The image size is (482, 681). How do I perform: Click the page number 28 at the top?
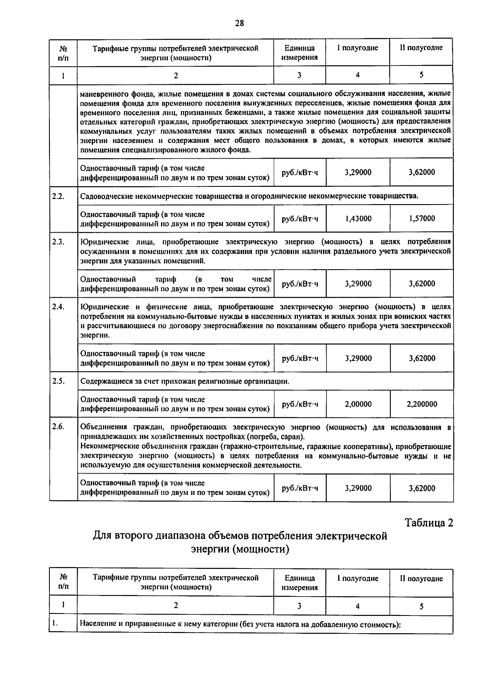[x=239, y=23]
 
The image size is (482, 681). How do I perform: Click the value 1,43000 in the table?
[x=358, y=219]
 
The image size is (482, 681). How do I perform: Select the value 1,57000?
[x=422, y=219]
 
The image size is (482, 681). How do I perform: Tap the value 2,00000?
[x=358, y=404]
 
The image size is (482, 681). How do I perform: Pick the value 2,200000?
[x=422, y=404]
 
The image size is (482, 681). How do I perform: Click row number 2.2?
[x=58, y=196]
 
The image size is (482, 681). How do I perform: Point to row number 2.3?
[x=58, y=242]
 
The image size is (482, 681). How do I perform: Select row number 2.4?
[x=58, y=307]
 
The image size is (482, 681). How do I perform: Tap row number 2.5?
[x=58, y=381]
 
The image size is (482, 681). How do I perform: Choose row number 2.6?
[x=58, y=427]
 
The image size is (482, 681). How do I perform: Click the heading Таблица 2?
[x=429, y=523]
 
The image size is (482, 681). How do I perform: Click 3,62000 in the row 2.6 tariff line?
[x=422, y=488]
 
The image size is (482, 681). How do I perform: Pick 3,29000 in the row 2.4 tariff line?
[x=358, y=358]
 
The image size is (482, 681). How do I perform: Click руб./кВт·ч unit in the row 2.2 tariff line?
[x=300, y=219]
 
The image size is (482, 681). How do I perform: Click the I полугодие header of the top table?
[x=357, y=48]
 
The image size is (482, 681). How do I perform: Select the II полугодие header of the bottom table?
[x=421, y=579]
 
